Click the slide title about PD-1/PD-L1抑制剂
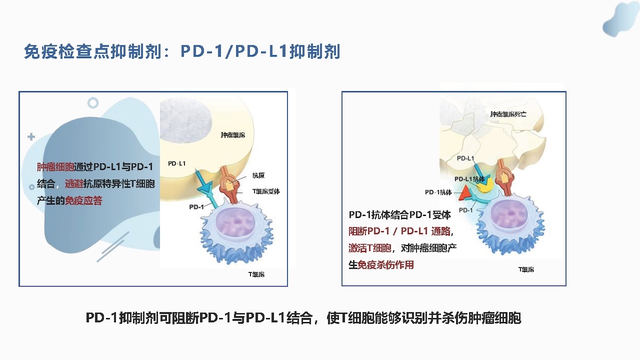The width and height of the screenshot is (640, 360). pos(182,51)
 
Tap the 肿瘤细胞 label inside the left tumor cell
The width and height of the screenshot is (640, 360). pos(232,135)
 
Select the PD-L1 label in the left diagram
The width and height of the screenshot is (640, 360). pos(176,163)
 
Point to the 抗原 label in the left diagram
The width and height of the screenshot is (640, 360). pos(258,175)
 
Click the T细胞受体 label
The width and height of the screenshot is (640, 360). pos(265,191)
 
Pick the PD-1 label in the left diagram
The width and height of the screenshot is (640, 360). pos(196,206)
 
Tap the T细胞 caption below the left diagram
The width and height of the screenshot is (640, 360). pos(256,274)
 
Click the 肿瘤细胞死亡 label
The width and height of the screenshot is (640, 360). pos(508,114)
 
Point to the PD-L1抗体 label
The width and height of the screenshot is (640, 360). pos(469,179)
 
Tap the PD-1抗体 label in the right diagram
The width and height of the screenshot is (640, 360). pos(438,192)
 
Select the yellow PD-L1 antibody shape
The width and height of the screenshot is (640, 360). pos(485,184)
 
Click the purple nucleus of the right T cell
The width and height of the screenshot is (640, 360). pos(509,214)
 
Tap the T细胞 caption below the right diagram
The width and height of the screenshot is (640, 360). pos(526,269)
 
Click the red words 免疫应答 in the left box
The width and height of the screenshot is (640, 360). pos(83,200)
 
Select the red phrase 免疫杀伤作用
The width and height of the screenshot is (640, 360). pos(385,265)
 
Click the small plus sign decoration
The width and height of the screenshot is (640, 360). pos(31,137)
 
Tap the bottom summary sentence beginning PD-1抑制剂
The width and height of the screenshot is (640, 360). pos(303,317)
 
